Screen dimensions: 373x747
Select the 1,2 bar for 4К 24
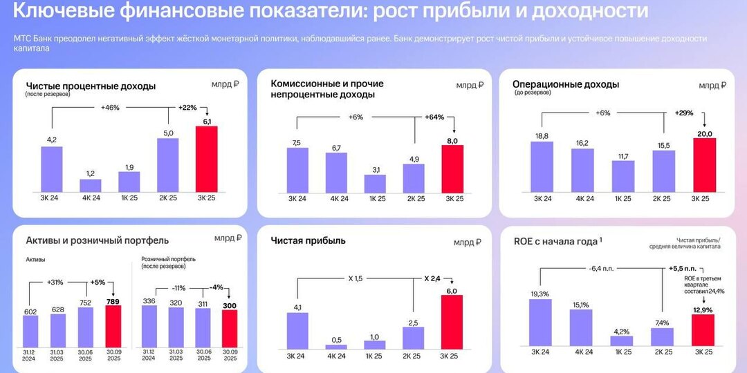[91, 185]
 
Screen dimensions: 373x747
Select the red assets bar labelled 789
[113, 325]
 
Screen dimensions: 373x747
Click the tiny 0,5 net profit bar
[336, 347]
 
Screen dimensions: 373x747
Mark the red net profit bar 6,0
[452, 322]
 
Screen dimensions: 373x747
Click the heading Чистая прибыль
[308, 241]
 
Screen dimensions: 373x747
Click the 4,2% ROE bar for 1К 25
[621, 341]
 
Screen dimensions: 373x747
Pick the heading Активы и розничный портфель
[97, 240]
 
